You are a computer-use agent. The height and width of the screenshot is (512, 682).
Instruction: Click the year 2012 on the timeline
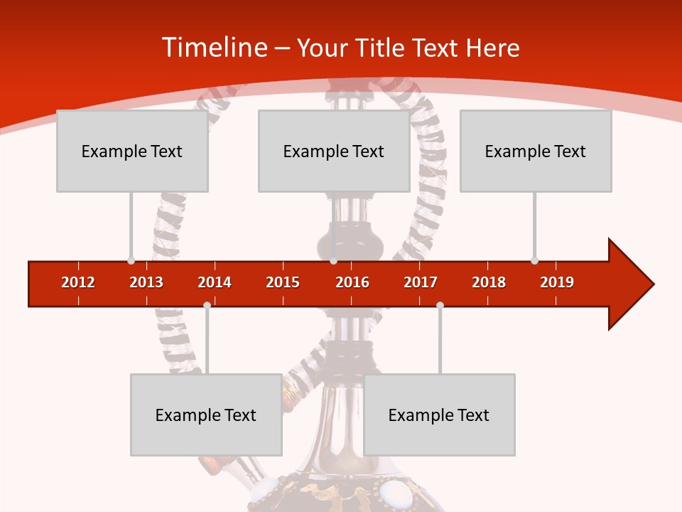tap(78, 282)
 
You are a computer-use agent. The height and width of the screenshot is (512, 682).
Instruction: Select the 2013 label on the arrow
tap(146, 282)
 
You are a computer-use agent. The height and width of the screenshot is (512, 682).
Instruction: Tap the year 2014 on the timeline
tap(215, 282)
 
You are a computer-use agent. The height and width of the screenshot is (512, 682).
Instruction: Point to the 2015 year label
tap(283, 282)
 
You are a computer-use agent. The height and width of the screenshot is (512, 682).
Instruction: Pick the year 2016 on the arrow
tap(352, 282)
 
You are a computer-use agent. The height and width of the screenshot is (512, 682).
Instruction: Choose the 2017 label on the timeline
tap(421, 282)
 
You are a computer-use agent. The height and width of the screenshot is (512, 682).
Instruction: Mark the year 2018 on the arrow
tap(489, 282)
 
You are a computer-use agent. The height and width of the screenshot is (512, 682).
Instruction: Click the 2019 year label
tap(557, 282)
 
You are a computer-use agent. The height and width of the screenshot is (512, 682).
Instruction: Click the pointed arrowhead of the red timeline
tap(632, 284)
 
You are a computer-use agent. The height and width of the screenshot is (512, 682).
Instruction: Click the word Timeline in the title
tap(214, 48)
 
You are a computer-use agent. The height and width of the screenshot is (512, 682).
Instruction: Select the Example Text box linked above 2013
tap(132, 151)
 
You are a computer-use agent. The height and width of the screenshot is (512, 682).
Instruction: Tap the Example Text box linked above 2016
tap(334, 151)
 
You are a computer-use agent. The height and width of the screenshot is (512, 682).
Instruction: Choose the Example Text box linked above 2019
tap(536, 151)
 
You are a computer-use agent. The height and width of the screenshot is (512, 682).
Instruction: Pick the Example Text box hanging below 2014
tap(206, 415)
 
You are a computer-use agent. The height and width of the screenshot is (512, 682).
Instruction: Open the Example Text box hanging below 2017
tap(439, 415)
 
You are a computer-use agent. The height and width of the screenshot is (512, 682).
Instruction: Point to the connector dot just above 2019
tap(534, 260)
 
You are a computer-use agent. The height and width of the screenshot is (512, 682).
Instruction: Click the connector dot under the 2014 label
tap(207, 305)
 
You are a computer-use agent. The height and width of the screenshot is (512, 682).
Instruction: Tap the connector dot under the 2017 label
tap(440, 305)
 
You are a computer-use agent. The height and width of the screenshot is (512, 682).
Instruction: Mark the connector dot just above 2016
tap(333, 260)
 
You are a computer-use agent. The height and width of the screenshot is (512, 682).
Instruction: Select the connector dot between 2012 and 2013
tap(131, 260)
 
